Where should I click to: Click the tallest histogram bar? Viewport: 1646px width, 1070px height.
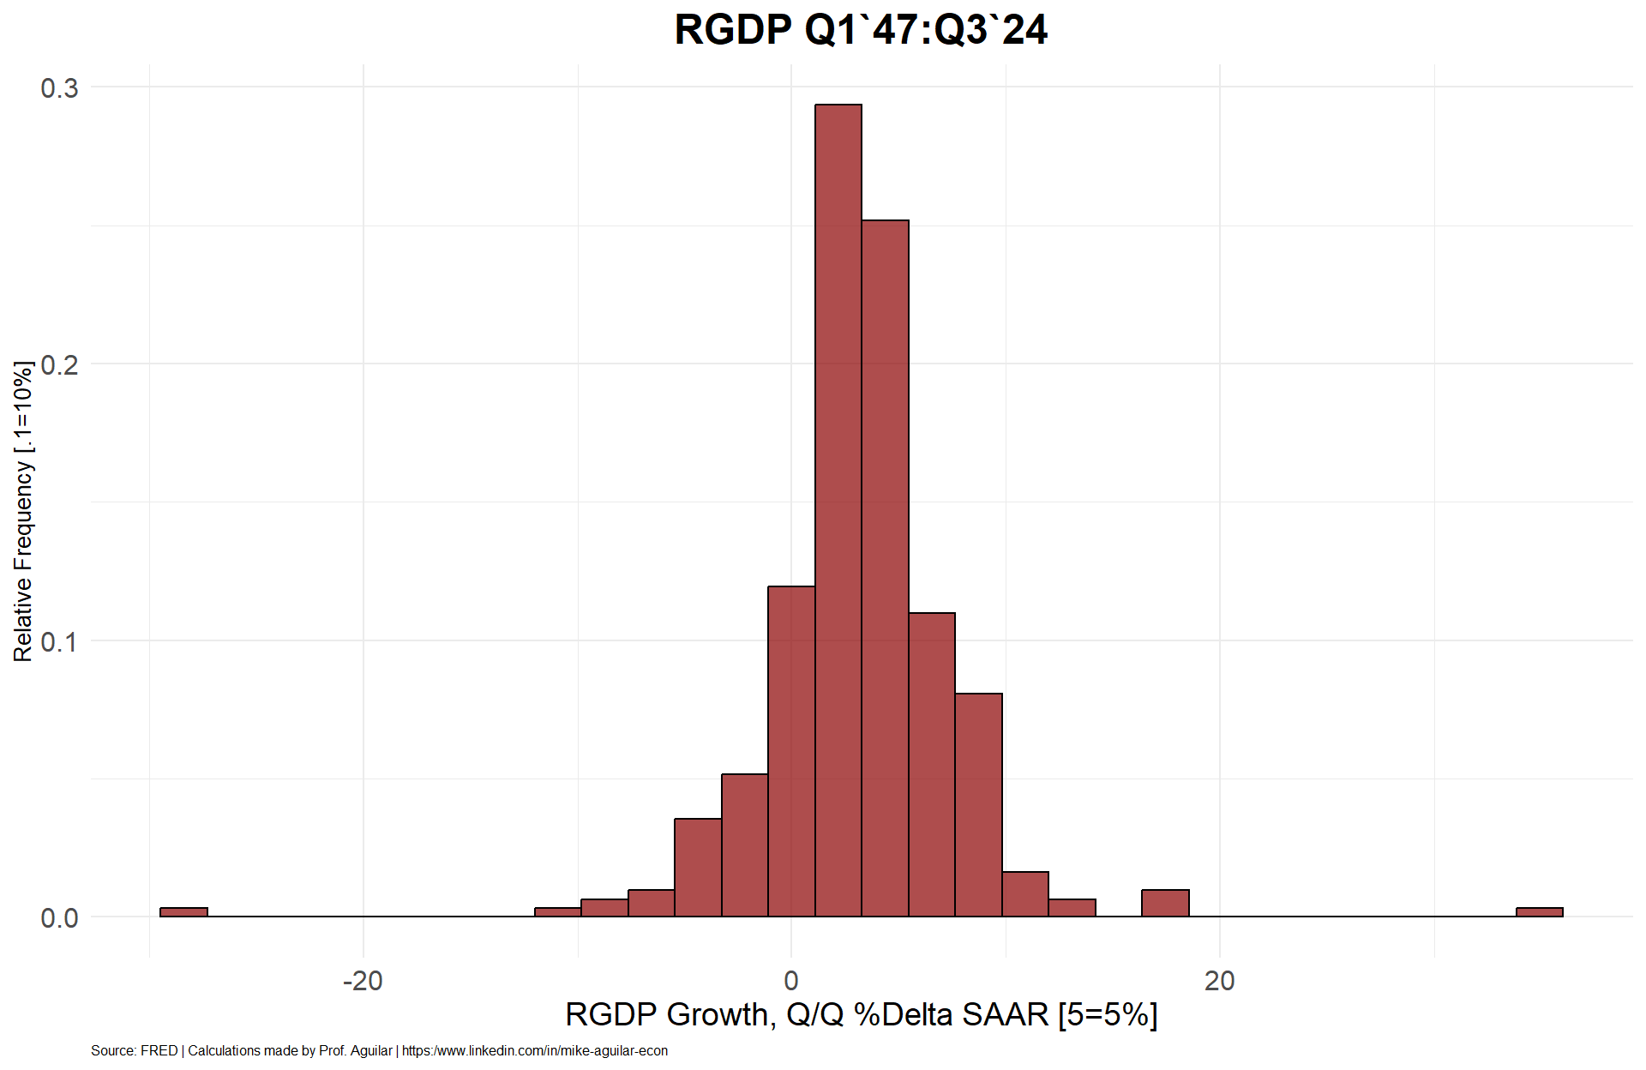point(838,510)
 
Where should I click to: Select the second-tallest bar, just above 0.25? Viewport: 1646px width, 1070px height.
point(885,568)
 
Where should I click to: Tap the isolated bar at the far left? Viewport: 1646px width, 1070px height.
point(183,912)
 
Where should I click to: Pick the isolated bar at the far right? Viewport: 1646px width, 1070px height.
point(1540,912)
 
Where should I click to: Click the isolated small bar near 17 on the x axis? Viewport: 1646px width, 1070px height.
point(1165,904)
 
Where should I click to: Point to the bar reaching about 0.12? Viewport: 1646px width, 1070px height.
point(791,751)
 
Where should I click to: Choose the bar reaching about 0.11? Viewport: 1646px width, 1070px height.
point(932,765)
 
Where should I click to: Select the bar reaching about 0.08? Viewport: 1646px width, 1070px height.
point(978,805)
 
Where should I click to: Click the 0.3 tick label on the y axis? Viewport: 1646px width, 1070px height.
point(59,87)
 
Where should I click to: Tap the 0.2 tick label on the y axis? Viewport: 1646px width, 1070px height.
point(59,364)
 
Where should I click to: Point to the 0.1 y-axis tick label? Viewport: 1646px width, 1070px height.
point(59,641)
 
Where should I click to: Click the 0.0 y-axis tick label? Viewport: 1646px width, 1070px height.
point(59,917)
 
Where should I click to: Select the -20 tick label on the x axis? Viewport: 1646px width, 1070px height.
point(363,980)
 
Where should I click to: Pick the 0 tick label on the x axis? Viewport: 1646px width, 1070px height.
point(791,980)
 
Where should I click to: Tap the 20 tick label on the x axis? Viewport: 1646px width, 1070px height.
point(1219,980)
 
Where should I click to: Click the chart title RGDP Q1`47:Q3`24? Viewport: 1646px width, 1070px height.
point(861,30)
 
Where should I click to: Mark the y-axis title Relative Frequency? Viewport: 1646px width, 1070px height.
point(23,511)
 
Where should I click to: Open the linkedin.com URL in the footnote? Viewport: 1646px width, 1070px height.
point(535,1051)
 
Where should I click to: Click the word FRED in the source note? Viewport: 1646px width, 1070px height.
point(159,1051)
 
